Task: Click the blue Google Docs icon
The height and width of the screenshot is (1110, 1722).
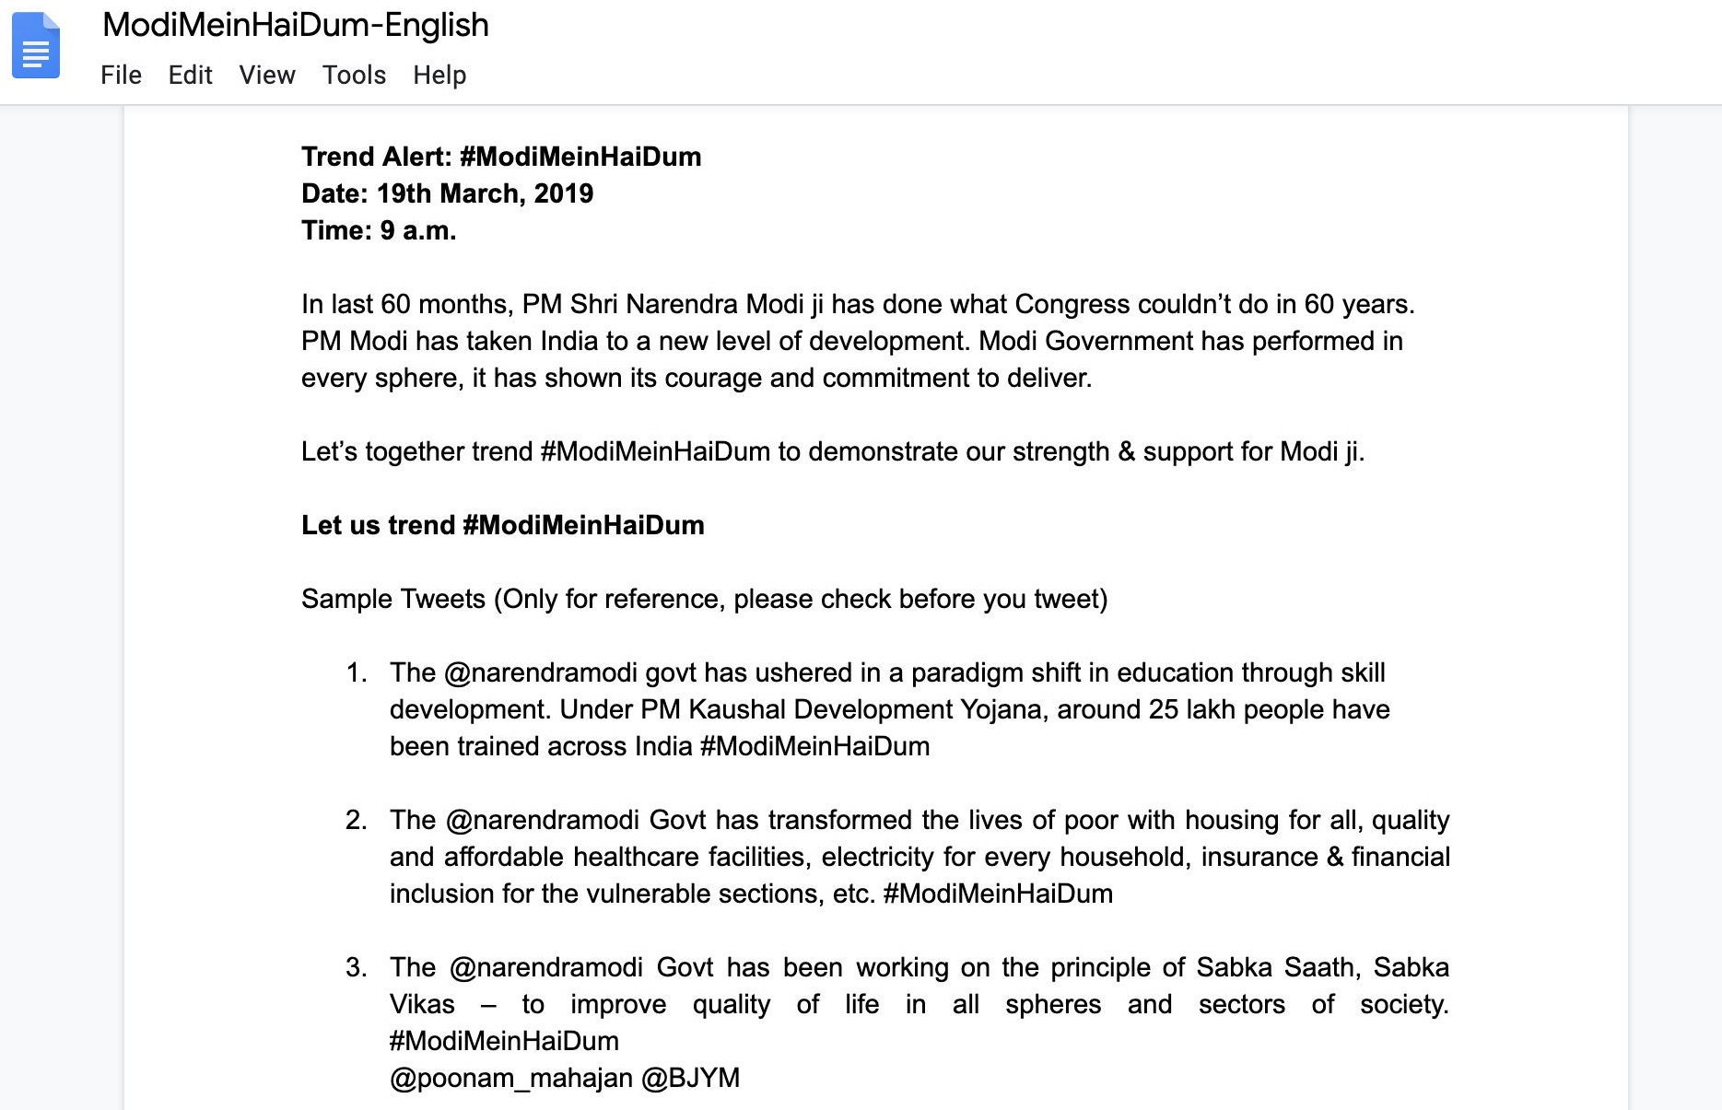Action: click(36, 46)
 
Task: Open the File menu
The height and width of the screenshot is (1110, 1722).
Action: click(121, 75)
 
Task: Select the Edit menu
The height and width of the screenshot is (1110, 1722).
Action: click(190, 75)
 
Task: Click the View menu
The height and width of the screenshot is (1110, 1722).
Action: click(267, 75)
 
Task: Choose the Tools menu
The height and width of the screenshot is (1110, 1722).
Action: click(354, 75)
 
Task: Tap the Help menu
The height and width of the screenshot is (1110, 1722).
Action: click(439, 75)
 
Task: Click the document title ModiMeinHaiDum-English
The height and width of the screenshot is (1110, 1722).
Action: click(296, 25)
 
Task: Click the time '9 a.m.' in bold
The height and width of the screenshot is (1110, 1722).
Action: click(418, 230)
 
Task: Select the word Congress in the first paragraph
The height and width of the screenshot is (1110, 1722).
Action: click(1072, 304)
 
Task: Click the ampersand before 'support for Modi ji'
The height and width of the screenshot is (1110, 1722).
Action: click(1126, 451)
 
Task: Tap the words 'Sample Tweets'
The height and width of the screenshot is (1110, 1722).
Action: click(393, 599)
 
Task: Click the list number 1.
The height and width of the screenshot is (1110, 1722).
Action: click(356, 672)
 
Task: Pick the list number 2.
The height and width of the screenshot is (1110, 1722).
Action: click(356, 820)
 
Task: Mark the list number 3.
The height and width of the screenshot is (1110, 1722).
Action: click(356, 967)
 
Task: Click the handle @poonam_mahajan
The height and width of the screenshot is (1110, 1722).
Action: click(511, 1078)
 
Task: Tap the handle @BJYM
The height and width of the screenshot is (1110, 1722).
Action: click(691, 1078)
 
